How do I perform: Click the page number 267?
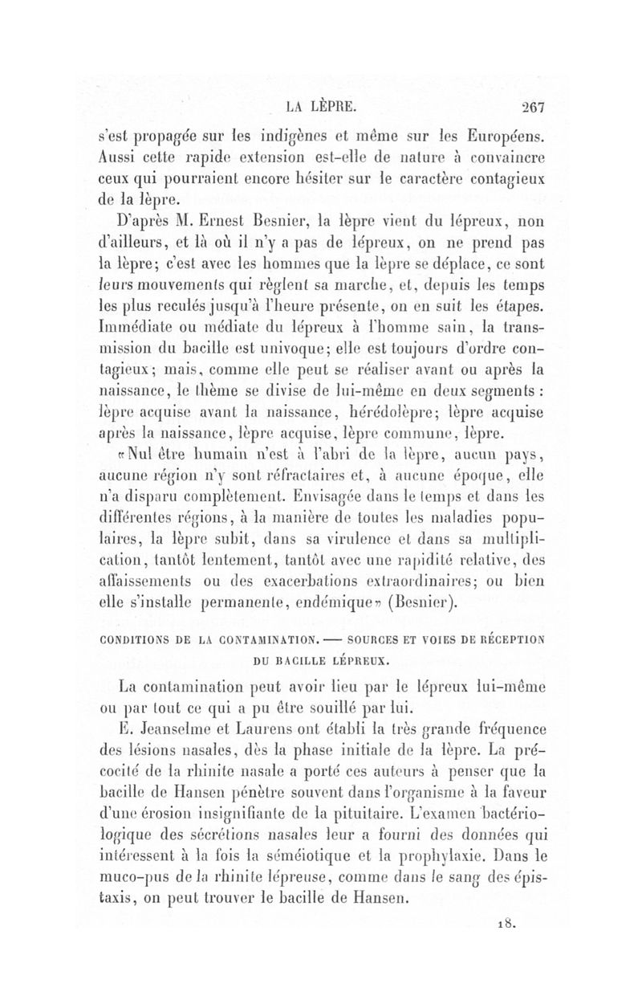click(x=531, y=105)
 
